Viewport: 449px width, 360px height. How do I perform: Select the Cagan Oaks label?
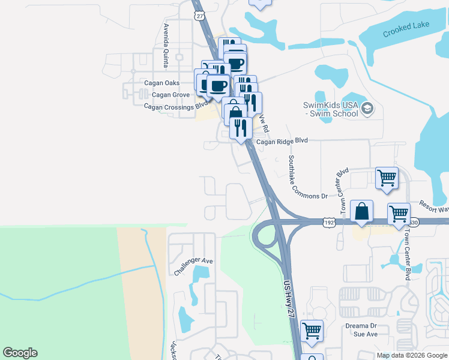(x=161, y=83)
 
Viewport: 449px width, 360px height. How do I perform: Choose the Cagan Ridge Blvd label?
(x=282, y=142)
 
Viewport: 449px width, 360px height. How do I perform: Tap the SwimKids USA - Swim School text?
(x=330, y=109)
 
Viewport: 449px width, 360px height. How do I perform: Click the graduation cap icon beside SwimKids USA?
(x=367, y=109)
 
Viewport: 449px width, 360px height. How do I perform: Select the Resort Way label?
(x=433, y=206)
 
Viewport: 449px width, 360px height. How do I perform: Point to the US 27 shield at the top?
(x=199, y=16)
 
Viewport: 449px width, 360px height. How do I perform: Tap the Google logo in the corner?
(x=20, y=353)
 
